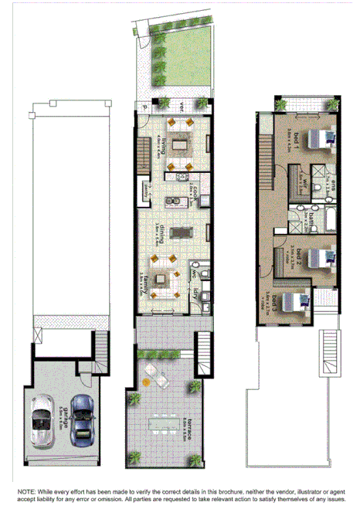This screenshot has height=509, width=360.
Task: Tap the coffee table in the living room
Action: pyautogui.click(x=180, y=143)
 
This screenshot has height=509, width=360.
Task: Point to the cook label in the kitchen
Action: pyautogui.click(x=197, y=193)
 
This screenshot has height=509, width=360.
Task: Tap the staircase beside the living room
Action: pyautogui.click(x=142, y=154)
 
